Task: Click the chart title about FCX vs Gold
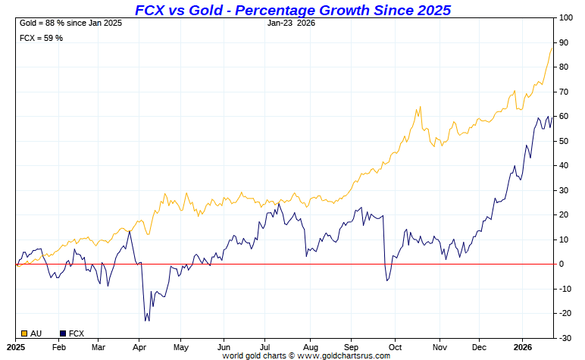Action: tap(292, 10)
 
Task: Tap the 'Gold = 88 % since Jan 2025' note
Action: tap(70, 23)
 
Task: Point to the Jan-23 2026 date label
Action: tap(292, 23)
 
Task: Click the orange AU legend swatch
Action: tap(23, 333)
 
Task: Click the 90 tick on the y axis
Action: tap(565, 42)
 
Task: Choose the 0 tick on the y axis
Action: tap(562, 265)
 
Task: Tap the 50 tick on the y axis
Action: tap(565, 141)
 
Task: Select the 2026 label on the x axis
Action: tap(523, 346)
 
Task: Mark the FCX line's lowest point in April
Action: tap(146, 321)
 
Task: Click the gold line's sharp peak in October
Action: tap(419, 107)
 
